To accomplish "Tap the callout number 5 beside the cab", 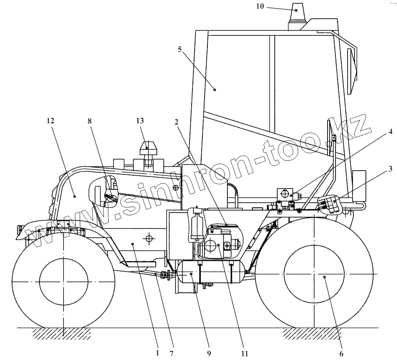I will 180,49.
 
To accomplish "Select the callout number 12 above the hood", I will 51,121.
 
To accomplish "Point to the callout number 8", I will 90,121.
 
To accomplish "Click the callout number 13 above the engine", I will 140,121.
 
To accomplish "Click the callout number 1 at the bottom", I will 157,353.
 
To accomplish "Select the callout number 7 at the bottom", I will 171,353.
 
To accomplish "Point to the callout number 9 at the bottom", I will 209,353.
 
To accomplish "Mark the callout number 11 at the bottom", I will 244,353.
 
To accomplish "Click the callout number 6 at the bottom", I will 341,353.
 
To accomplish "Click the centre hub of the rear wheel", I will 313,274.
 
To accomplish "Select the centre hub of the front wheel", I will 64,277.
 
